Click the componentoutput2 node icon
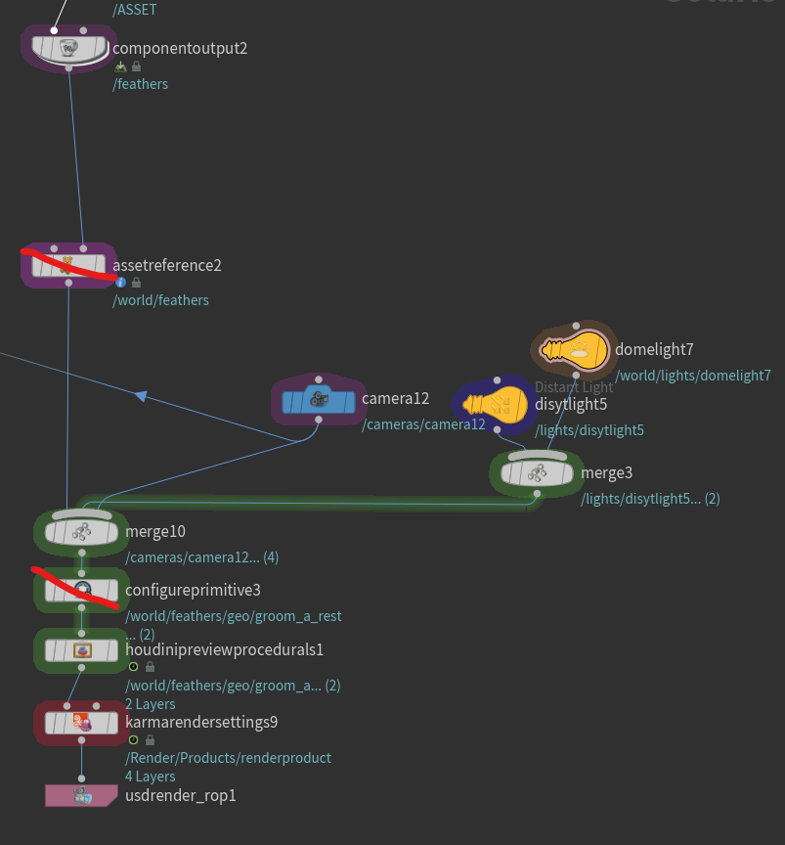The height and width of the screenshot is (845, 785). (68, 47)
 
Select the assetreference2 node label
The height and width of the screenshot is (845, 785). (167, 265)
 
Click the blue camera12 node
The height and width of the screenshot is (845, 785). (318, 400)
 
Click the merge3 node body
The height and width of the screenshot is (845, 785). (536, 473)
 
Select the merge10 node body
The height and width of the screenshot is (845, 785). (81, 531)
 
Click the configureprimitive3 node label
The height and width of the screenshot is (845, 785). (193, 590)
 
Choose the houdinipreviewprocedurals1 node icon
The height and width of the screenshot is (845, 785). (82, 649)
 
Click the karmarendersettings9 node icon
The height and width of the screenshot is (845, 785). (82, 723)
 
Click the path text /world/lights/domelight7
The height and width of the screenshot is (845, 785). (692, 375)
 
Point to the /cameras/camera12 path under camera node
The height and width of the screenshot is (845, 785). (423, 424)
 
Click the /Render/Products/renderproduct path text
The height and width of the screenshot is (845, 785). (228, 758)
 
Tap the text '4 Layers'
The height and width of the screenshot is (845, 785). (151, 777)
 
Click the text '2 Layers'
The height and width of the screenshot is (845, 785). (151, 704)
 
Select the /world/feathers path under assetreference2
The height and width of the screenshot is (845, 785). (161, 300)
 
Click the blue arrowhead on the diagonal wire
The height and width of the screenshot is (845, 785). (141, 395)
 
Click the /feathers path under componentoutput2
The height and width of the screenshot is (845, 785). (141, 84)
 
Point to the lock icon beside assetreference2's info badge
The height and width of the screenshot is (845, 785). (136, 282)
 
